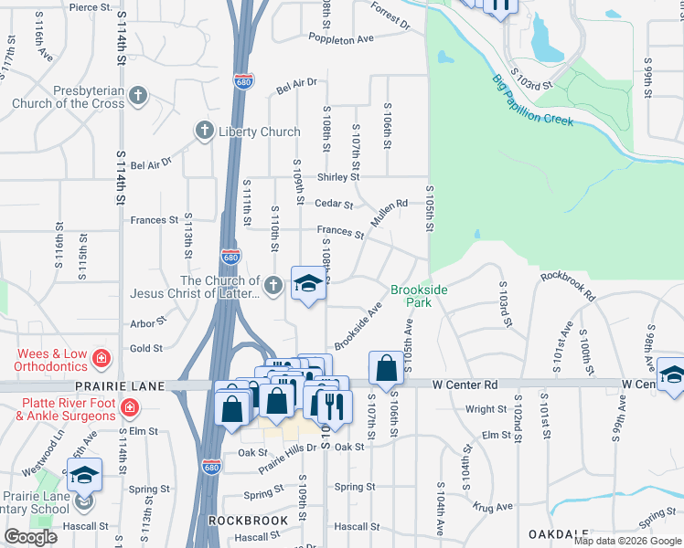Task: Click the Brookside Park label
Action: [419, 295]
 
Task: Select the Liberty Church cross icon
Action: [204, 132]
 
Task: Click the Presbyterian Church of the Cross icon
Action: [137, 94]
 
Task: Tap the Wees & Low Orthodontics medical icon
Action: [101, 355]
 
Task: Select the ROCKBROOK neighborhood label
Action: [249, 521]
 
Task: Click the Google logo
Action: [30, 537]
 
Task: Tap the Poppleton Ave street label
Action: [341, 40]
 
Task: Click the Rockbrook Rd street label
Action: [567, 285]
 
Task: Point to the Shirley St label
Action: [337, 177]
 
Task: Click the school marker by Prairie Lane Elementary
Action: [84, 475]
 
